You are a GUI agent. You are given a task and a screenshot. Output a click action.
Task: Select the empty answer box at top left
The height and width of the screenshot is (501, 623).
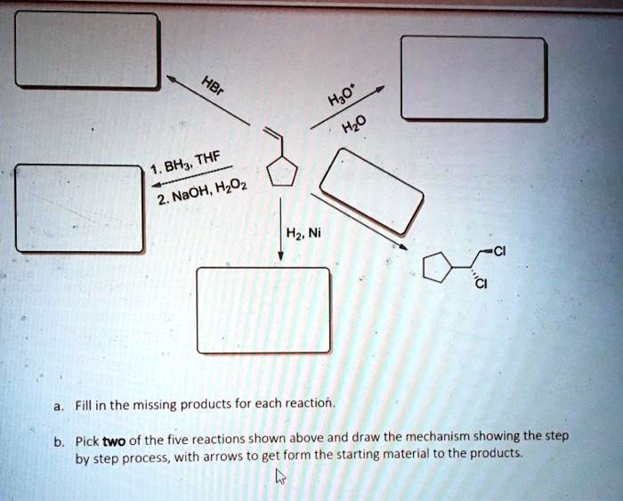click(87, 50)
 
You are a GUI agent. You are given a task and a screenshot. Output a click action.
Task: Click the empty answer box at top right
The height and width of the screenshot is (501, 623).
click(473, 78)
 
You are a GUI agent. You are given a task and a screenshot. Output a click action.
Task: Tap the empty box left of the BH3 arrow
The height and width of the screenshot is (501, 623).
click(78, 208)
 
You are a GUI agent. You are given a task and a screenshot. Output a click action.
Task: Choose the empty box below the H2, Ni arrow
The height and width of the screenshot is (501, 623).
click(263, 311)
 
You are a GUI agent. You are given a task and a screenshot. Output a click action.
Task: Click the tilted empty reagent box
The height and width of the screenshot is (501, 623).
click(371, 190)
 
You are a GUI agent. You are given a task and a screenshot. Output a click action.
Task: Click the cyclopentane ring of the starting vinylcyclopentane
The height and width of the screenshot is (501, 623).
click(282, 169)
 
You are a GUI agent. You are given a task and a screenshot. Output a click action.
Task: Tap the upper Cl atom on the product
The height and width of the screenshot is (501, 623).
click(499, 250)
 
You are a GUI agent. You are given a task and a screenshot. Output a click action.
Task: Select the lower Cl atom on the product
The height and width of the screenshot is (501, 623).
click(481, 285)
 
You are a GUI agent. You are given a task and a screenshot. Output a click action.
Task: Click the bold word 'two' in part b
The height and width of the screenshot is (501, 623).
click(113, 440)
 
